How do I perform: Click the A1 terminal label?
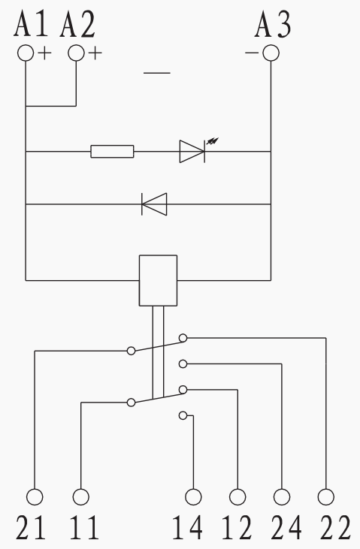31,25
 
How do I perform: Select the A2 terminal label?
77,25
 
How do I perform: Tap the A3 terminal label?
273,25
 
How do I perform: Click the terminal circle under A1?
26,53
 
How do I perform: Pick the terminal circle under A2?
76,53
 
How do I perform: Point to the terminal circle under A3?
271,53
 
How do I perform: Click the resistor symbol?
112,151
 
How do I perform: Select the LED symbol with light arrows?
196,150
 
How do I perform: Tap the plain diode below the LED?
154,204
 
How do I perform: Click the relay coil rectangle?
158,280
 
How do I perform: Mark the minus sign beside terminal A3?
251,53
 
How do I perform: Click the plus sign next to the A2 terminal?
95,53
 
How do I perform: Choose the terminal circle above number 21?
35,497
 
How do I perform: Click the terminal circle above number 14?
193,497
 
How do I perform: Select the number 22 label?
335,527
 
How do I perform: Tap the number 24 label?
286,527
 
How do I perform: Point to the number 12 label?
237,527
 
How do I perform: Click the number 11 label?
84,527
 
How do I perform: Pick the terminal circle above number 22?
326,497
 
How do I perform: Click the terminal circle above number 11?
81,497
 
